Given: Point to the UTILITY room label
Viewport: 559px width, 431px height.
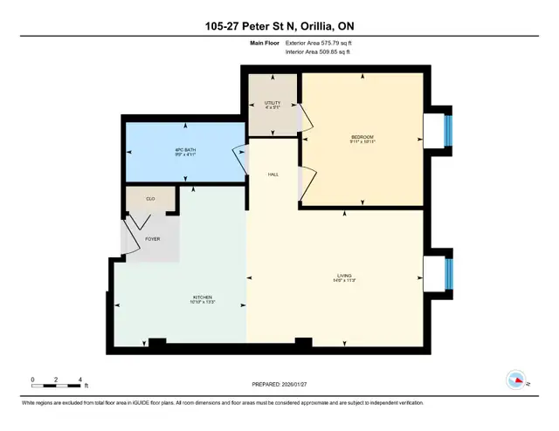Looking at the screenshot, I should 272,103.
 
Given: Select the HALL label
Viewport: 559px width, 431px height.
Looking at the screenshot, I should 273,174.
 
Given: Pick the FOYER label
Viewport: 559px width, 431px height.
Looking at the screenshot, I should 152,237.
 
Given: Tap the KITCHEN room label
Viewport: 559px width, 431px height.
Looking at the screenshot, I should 203,297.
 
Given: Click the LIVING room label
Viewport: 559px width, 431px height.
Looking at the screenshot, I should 345,277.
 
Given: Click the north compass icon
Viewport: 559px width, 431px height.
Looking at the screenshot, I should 516,380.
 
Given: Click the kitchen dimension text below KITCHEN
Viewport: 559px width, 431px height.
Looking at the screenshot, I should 203,302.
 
